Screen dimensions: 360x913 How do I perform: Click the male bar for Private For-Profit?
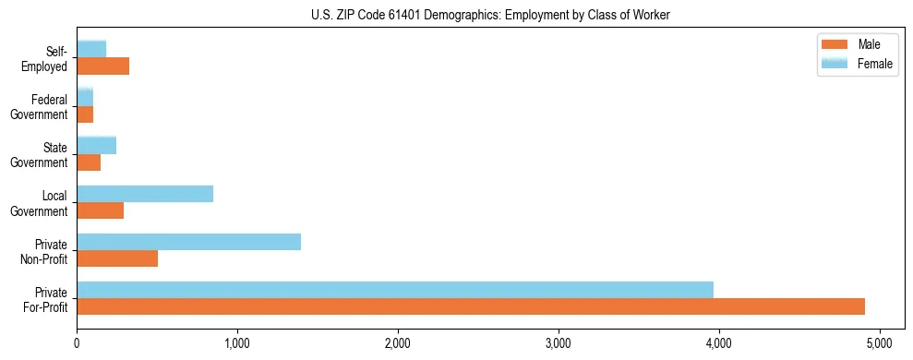click(471, 306)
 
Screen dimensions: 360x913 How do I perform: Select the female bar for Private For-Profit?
click(395, 290)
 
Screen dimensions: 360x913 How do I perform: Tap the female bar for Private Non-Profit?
click(188, 242)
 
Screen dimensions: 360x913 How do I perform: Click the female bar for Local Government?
click(145, 194)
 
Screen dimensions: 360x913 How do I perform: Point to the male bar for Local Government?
click(100, 210)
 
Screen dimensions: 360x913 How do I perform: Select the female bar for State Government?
click(96, 146)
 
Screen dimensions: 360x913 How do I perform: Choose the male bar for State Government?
click(89, 162)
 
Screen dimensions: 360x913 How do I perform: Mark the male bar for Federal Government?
click(85, 114)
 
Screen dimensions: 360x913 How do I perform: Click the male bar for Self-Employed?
click(102, 66)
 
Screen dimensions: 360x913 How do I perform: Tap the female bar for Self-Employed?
click(91, 49)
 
